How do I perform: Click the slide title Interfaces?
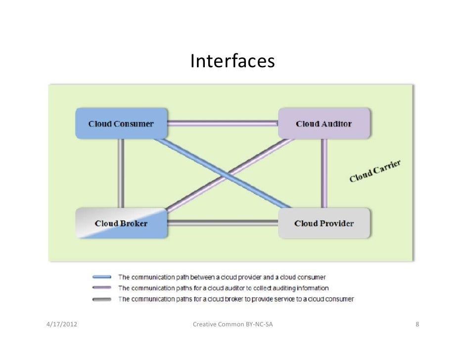tap(232, 62)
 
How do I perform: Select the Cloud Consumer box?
tap(121, 124)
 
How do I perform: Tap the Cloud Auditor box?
tap(324, 124)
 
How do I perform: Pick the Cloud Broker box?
tap(121, 223)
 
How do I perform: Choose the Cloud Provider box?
tap(324, 223)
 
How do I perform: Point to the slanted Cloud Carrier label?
tap(374, 171)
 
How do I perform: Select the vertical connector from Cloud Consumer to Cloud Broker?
tap(121, 173)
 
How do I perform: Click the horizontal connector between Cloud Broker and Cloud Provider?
tap(223, 223)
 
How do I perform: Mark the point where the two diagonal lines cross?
tap(224, 173)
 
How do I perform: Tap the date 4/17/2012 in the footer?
tap(61, 325)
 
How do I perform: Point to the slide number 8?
tap(418, 325)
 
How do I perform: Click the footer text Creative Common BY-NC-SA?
tap(233, 325)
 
